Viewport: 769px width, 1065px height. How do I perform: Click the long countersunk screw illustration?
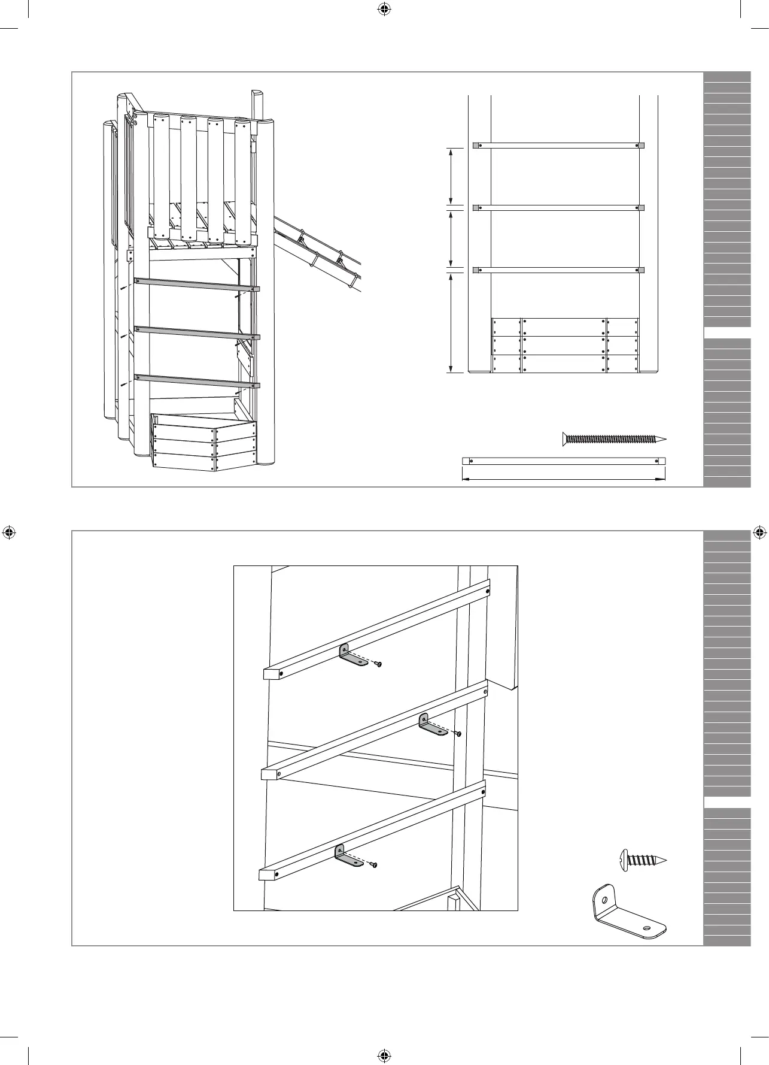[614, 438]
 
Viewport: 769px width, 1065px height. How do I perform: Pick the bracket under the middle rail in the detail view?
[433, 725]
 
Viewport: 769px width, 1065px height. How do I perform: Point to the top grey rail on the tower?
[197, 285]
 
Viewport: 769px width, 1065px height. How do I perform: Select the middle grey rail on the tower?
[197, 332]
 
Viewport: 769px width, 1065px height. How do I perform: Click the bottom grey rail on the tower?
[197, 380]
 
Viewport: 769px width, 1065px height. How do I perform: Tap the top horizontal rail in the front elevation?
[558, 145]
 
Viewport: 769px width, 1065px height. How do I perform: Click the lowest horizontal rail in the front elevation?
[558, 270]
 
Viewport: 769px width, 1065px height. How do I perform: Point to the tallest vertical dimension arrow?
[451, 323]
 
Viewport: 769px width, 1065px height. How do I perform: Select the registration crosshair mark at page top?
[384, 9]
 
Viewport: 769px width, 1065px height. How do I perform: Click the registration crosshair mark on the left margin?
[10, 531]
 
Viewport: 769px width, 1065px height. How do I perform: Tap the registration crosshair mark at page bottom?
[384, 1055]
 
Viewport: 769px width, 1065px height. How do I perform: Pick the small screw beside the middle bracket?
[458, 733]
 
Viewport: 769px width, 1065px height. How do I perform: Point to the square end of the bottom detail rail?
[266, 875]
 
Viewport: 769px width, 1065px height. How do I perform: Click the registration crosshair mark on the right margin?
[759, 531]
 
